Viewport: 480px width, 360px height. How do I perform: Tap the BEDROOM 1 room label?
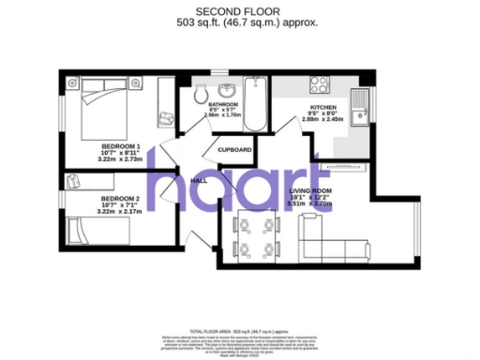120,146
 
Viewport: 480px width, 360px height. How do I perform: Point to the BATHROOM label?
223,104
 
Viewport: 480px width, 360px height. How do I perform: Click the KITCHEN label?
322,108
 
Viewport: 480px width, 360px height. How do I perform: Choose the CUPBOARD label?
234,149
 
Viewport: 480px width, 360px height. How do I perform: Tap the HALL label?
199,179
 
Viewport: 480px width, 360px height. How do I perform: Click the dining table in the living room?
256,236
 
